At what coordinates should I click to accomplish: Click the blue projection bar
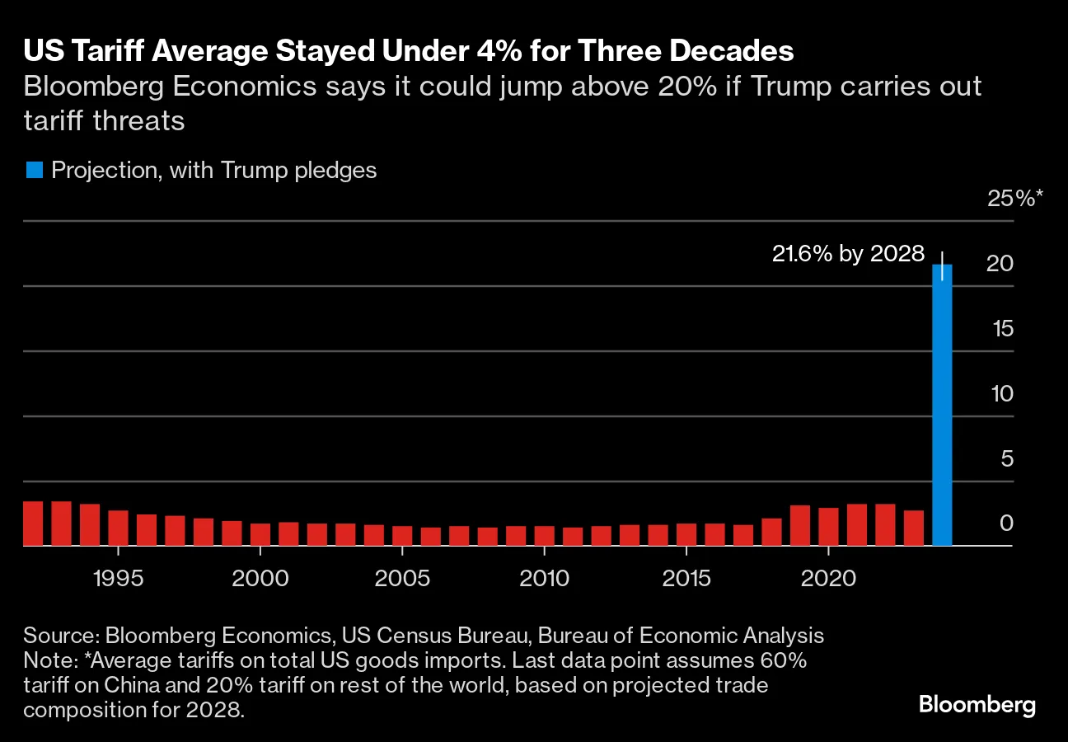coord(942,404)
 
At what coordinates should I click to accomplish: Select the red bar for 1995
coord(118,528)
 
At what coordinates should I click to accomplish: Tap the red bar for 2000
coord(260,534)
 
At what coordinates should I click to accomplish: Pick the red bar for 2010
coord(545,535)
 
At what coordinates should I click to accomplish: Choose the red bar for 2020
coord(828,526)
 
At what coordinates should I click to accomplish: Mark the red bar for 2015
coord(686,534)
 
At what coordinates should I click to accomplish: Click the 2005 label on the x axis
coord(402,578)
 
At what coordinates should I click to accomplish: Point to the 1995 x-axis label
coord(118,578)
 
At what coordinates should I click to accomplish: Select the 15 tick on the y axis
coord(1002,328)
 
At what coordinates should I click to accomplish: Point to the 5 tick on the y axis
coord(1006,458)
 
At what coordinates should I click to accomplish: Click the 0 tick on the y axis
coord(1006,523)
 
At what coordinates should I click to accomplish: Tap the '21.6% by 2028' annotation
coord(848,254)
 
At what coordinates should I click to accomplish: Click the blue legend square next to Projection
coord(34,171)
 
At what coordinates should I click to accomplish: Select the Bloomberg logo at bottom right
coord(977,705)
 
